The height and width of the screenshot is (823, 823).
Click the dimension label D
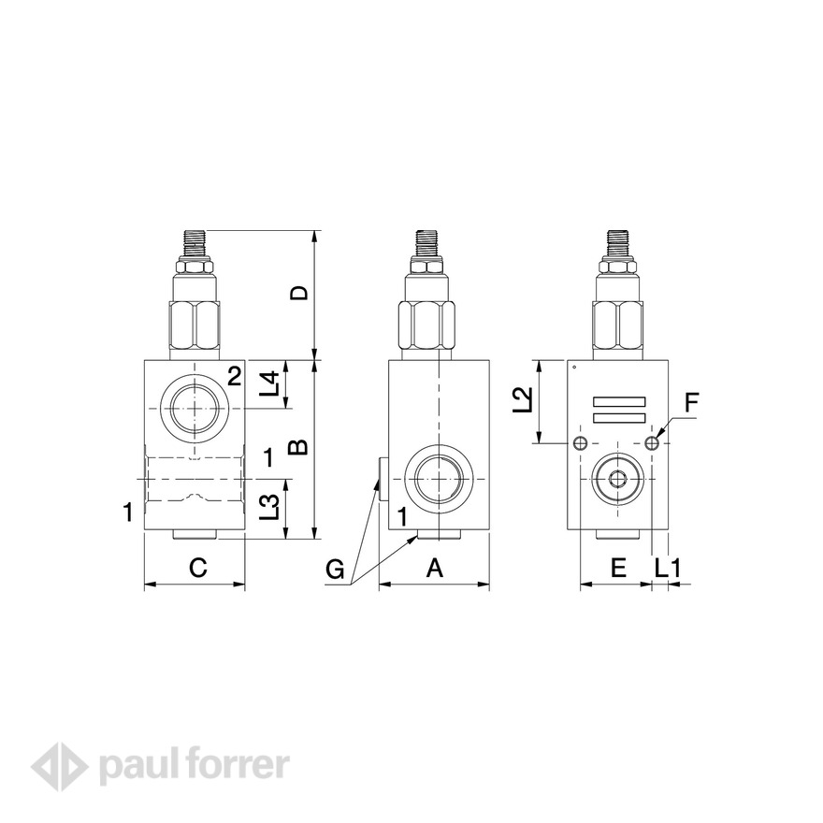point(298,294)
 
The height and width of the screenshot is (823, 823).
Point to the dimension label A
point(435,567)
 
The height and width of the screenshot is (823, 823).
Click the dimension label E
point(617,567)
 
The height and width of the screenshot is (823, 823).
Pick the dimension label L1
point(669,567)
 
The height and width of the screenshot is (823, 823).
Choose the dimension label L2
point(527,399)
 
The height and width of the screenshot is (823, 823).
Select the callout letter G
point(338,569)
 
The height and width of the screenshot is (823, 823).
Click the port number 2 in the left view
point(235,376)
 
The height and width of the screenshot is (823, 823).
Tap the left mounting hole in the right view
point(581,443)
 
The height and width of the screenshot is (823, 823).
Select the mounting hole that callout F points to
point(653,443)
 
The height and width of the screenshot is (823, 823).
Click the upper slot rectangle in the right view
point(619,401)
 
